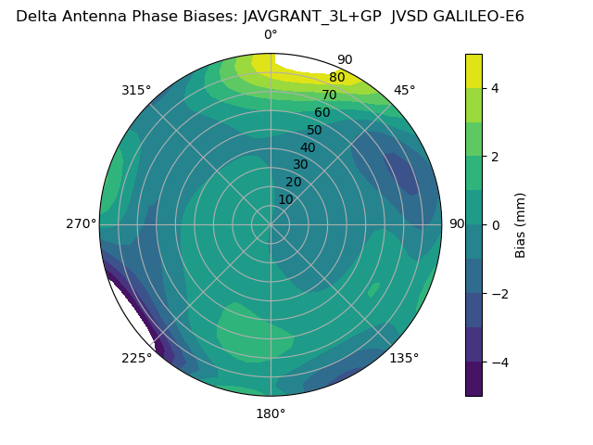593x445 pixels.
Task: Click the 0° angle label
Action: pyautogui.click(x=271, y=35)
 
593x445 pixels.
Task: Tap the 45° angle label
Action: pyautogui.click(x=404, y=90)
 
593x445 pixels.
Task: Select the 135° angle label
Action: pyautogui.click(x=404, y=358)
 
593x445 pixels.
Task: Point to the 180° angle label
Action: pyautogui.click(x=271, y=413)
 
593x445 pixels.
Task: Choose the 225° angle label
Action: pyautogui.click(x=136, y=358)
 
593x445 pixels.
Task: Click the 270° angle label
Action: pyautogui.click(x=81, y=223)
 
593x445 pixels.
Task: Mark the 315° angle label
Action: pyautogui.click(x=136, y=90)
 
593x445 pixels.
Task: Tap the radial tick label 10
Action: pyautogui.click(x=285, y=199)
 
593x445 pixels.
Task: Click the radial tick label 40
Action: pyautogui.click(x=308, y=147)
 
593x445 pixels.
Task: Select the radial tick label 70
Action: pyautogui.click(x=329, y=95)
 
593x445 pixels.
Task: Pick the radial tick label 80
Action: pyautogui.click(x=336, y=78)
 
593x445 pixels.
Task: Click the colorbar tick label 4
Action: pyautogui.click(x=495, y=88)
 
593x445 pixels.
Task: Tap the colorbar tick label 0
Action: pyautogui.click(x=495, y=224)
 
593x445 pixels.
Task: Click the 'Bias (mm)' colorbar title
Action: pyautogui.click(x=521, y=224)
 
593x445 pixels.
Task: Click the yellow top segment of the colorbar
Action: pyautogui.click(x=473, y=70)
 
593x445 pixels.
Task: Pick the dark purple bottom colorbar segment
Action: pyautogui.click(x=473, y=379)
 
